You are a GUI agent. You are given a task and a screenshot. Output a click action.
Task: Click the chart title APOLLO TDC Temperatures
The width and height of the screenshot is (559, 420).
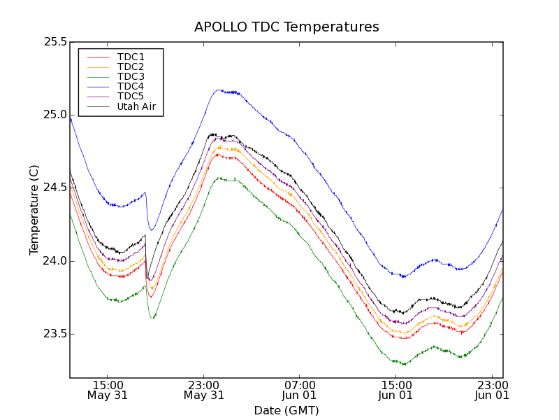(x=286, y=27)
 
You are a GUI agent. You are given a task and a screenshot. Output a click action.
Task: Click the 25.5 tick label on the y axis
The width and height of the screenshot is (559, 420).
(x=55, y=42)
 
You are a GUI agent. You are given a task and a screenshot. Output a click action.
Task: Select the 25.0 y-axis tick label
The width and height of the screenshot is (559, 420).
(x=55, y=115)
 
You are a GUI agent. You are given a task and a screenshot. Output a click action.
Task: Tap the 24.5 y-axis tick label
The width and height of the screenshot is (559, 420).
(x=55, y=188)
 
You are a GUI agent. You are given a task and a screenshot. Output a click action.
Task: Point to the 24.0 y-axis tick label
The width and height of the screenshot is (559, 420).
(x=55, y=261)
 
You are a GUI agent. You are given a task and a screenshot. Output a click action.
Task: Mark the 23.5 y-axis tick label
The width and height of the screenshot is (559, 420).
(x=55, y=334)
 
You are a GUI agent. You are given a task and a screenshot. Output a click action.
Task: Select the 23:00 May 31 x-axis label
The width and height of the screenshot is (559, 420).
(x=204, y=390)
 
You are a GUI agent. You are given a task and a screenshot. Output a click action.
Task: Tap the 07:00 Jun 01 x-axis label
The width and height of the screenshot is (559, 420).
(x=300, y=390)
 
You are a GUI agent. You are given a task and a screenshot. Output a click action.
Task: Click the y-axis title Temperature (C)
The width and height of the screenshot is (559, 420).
(x=34, y=210)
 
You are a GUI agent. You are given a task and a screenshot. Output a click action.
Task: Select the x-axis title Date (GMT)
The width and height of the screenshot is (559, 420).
(x=286, y=410)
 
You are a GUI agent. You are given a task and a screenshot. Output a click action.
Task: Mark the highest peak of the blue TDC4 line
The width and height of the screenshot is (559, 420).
(x=219, y=90)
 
